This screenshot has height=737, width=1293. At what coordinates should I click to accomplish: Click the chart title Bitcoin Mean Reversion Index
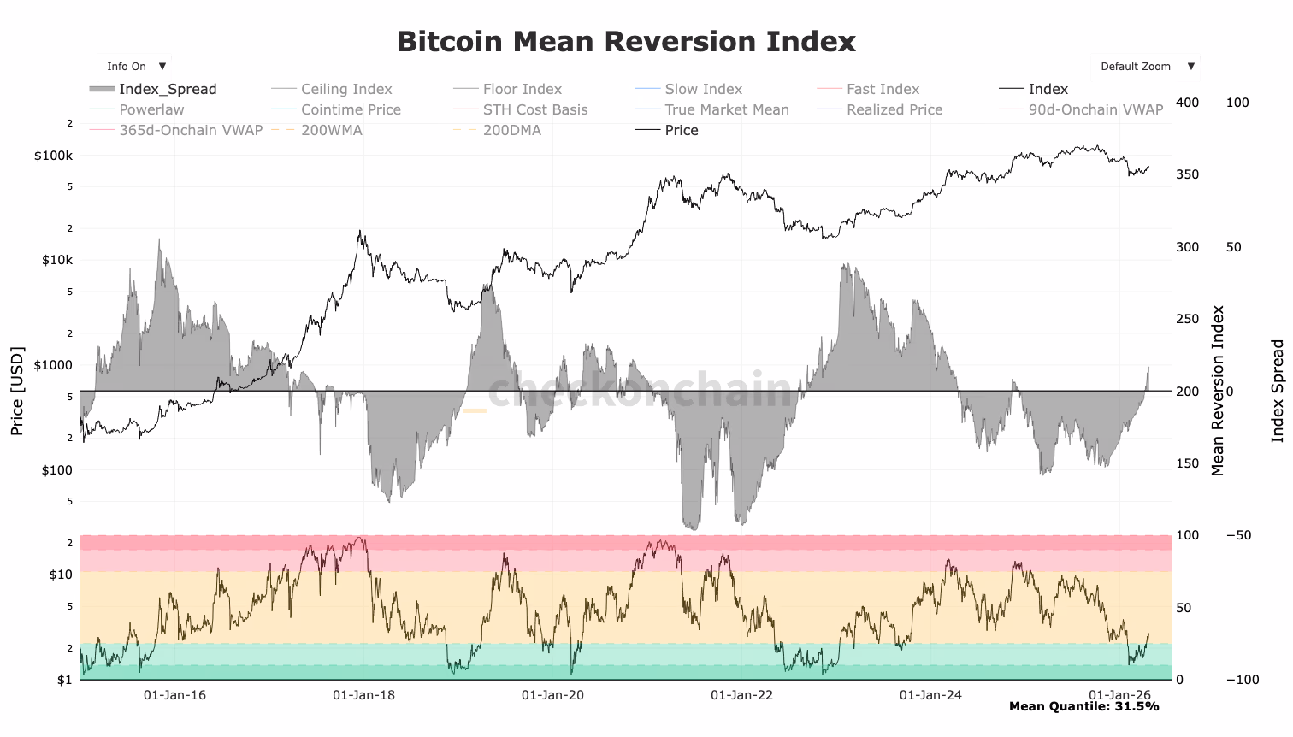[x=626, y=42]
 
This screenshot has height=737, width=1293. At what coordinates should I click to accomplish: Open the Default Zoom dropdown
[x=1145, y=67]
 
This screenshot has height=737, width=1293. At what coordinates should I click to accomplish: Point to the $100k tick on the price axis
[x=53, y=156]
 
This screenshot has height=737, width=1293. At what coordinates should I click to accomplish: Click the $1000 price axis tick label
[x=53, y=365]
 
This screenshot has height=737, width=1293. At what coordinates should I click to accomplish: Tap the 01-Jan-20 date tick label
[x=552, y=695]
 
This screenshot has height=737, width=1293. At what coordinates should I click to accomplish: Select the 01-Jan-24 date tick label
[x=930, y=695]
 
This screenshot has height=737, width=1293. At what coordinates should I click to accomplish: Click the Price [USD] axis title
[x=17, y=391]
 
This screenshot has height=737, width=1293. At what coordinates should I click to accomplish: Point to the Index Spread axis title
[x=1278, y=391]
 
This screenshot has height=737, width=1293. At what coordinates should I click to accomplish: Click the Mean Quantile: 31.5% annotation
[x=1083, y=706]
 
